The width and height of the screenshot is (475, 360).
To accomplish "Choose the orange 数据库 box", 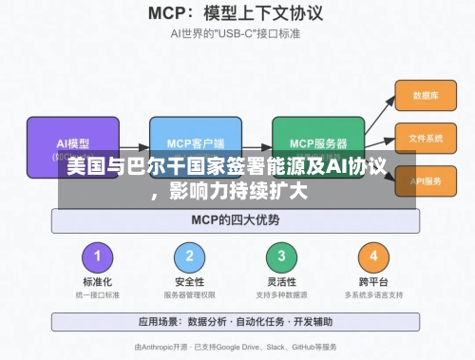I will pyautogui.click(x=425, y=96).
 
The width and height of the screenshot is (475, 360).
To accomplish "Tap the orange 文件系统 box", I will pyautogui.click(x=425, y=139).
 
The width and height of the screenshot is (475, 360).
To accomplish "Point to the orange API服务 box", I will pyautogui.click(x=425, y=180).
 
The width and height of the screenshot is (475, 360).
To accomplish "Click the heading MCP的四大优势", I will pyautogui.click(x=237, y=220).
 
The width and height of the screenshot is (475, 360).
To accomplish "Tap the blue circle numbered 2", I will pyautogui.click(x=190, y=256).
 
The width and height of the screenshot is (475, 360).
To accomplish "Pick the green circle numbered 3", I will pyautogui.click(x=280, y=256).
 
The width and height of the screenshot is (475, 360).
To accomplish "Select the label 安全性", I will pyautogui.click(x=190, y=282).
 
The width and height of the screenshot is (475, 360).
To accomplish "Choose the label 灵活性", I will pyautogui.click(x=280, y=282).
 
